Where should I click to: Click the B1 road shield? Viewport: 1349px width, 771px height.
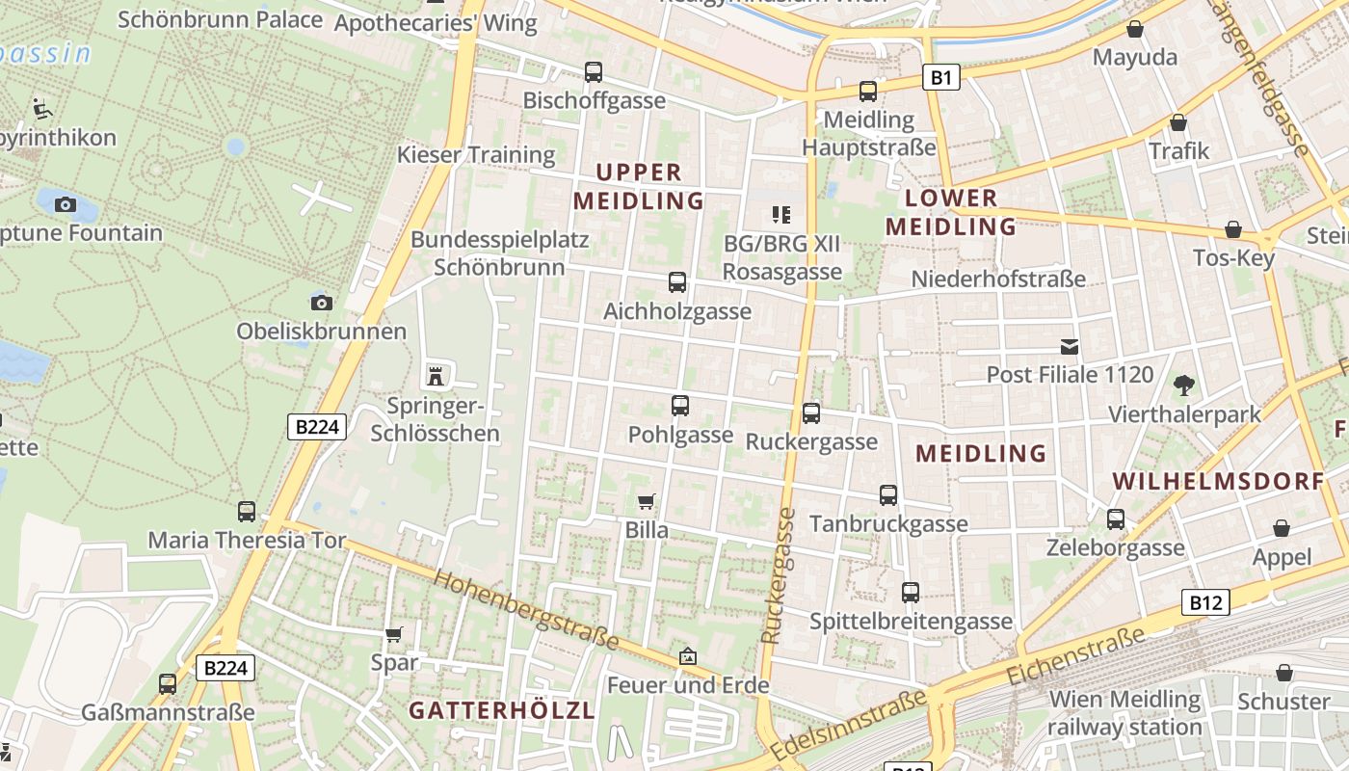(x=941, y=77)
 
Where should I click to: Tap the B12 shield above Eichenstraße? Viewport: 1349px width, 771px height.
(x=1204, y=603)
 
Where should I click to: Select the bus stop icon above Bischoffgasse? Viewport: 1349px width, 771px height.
(x=594, y=72)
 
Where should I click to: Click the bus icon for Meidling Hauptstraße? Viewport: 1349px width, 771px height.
(x=868, y=92)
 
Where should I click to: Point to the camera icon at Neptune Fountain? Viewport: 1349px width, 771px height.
(x=66, y=204)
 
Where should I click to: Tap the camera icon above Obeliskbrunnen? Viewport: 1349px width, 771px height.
(x=322, y=303)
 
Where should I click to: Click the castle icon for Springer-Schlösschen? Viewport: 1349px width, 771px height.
(x=436, y=375)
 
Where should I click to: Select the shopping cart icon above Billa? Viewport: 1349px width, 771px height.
(x=647, y=501)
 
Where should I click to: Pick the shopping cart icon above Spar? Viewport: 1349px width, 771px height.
(x=393, y=634)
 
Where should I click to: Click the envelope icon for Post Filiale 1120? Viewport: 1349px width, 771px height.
(x=1070, y=347)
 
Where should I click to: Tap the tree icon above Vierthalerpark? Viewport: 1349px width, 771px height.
(x=1183, y=385)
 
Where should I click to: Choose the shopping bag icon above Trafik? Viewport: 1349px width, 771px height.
(x=1177, y=123)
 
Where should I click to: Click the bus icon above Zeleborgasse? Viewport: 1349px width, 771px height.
(x=1116, y=519)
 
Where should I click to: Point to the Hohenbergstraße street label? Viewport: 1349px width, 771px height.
(x=526, y=610)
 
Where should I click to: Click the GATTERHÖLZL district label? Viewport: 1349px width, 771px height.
(x=501, y=710)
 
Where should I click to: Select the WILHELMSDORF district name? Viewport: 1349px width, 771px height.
(x=1218, y=481)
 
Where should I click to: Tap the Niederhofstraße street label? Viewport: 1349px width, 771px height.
(x=998, y=279)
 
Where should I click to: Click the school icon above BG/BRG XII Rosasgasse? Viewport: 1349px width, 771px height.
(x=780, y=215)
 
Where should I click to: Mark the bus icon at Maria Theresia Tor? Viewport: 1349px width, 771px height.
(x=247, y=512)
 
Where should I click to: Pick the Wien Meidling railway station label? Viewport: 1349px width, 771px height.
(x=1124, y=712)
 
